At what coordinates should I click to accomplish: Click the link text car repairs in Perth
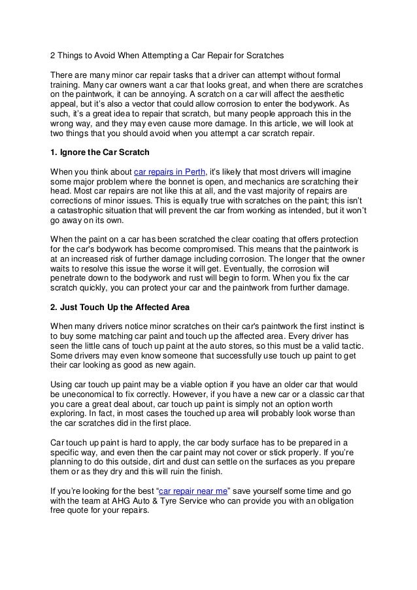coord(167,171)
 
